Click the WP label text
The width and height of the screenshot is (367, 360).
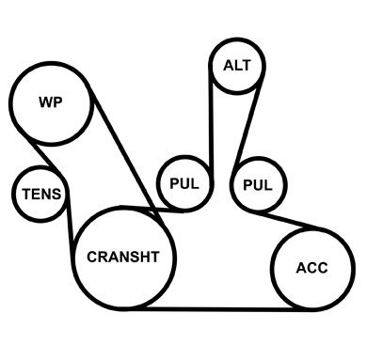click(x=51, y=102)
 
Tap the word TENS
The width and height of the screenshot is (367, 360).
click(x=41, y=194)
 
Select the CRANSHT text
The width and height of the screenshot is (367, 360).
click(x=123, y=257)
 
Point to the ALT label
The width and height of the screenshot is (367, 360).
click(x=237, y=66)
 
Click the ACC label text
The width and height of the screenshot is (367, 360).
click(x=311, y=268)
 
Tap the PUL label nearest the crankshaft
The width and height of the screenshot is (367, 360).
click(x=184, y=183)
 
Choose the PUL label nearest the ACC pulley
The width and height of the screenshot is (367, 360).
click(x=258, y=185)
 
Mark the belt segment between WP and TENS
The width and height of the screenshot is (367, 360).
click(x=46, y=157)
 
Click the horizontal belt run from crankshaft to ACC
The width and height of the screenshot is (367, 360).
click(x=217, y=309)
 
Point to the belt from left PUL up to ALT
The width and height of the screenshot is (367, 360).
click(x=211, y=125)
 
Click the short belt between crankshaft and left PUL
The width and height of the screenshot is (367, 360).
click(x=152, y=210)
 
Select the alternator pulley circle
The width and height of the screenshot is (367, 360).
click(x=237, y=39)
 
